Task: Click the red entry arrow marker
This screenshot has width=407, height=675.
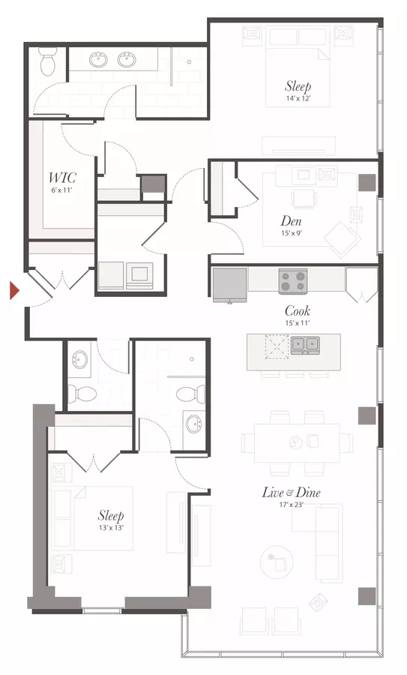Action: coord(15,290)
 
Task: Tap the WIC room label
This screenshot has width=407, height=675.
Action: coord(62,177)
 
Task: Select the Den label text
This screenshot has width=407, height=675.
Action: coord(291,221)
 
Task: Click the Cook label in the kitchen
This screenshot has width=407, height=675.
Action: coord(298,310)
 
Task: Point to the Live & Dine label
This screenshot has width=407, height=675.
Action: coord(292,493)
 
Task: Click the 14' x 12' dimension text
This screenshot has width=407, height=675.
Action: coord(298,98)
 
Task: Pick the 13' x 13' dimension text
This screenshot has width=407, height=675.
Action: coord(111,527)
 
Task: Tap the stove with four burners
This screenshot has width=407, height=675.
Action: coord(293,281)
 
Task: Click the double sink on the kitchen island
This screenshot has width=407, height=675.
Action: coord(305,345)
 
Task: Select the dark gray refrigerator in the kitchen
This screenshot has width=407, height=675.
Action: coord(230,284)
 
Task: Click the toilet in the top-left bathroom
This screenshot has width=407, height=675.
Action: coord(48,61)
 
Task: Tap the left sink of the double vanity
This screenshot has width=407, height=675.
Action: coord(100,60)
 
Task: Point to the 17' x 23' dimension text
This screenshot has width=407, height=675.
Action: coord(292,505)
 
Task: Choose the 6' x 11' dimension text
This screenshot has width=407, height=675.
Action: coord(62,189)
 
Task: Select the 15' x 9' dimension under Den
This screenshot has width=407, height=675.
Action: coord(291,233)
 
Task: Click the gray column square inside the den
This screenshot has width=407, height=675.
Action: coord(367,182)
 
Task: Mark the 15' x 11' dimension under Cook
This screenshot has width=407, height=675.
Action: coord(298,322)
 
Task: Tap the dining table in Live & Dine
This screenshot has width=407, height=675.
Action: coord(297,443)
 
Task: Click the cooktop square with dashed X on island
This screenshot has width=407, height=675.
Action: coord(277,346)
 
